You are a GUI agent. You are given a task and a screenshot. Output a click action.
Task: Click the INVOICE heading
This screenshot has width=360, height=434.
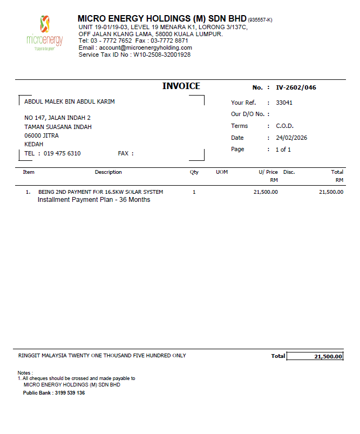(181, 86)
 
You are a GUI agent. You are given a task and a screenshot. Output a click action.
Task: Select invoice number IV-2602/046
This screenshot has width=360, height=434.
(296, 87)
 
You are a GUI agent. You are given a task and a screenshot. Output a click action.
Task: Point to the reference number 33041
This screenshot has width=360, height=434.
(284, 103)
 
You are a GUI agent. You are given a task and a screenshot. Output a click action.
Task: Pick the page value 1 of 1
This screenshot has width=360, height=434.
(283, 150)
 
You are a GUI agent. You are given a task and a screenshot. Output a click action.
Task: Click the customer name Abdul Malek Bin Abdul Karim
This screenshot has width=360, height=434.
(70, 101)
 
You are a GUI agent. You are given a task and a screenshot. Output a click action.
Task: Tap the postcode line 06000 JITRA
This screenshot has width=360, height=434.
(42, 135)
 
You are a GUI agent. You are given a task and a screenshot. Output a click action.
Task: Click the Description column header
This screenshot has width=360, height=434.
(108, 172)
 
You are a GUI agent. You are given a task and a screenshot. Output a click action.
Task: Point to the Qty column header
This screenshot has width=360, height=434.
(194, 172)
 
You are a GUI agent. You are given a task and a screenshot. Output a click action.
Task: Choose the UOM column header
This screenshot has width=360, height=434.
(222, 172)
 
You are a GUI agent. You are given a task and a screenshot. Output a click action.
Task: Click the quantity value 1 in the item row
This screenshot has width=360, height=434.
(194, 192)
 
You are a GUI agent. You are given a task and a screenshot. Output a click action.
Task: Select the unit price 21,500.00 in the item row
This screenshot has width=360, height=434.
(266, 192)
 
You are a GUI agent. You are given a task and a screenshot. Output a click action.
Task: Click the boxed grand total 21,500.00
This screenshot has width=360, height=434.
(315, 356)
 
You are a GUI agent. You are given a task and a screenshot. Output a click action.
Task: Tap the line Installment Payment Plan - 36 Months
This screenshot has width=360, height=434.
(94, 200)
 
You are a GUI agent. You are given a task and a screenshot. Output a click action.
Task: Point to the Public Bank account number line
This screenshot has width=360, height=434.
(53, 392)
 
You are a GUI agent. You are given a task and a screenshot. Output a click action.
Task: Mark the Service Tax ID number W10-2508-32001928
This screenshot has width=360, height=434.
(162, 55)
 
